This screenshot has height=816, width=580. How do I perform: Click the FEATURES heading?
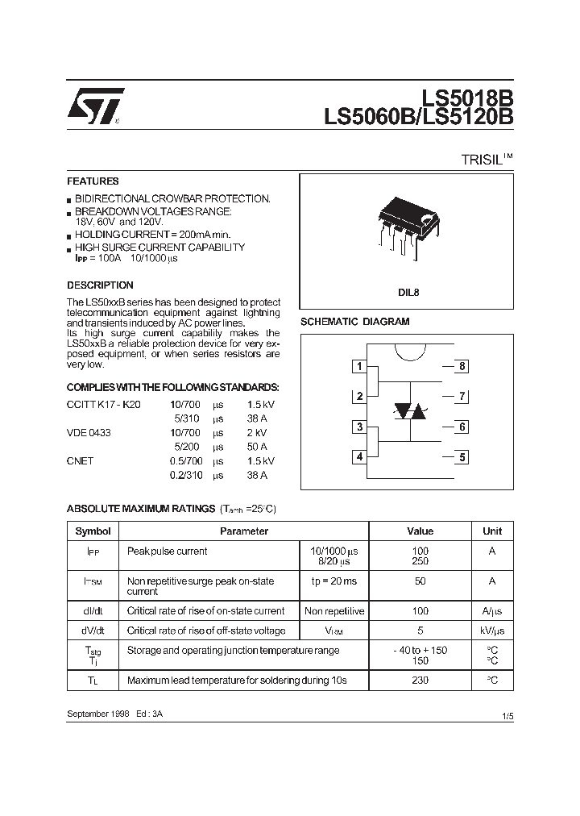click(93, 181)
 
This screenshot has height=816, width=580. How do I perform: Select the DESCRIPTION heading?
click(100, 285)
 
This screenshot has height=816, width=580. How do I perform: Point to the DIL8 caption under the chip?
click(407, 294)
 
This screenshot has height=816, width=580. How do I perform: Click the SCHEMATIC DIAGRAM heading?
click(354, 322)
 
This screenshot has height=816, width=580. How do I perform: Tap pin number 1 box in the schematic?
click(359, 367)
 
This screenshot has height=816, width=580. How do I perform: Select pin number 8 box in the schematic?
click(462, 367)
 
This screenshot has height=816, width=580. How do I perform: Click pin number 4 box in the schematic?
click(359, 457)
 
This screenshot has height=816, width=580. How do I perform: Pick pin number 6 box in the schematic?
click(462, 427)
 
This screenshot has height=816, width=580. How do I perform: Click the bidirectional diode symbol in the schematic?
click(411, 411)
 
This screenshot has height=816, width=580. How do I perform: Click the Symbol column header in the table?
click(93, 531)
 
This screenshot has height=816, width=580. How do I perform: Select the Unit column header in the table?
click(491, 531)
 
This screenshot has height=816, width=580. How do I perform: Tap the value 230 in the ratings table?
click(420, 681)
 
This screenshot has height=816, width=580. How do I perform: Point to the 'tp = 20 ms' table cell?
click(334, 581)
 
